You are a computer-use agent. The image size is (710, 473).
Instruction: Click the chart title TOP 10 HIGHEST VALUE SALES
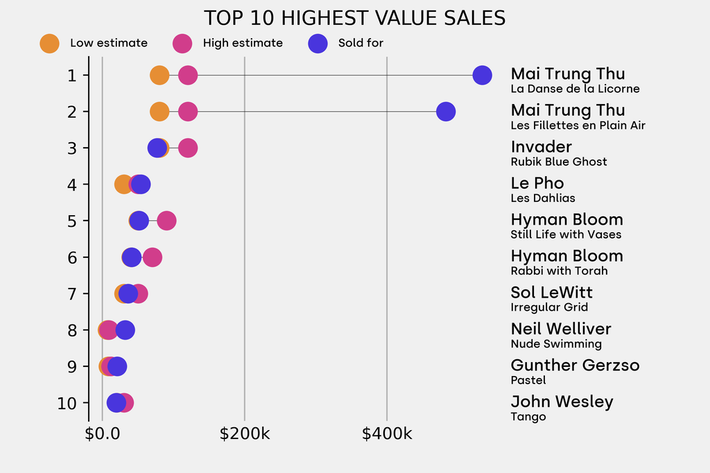click(354, 17)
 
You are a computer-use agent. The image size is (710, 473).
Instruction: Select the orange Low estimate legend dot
click(50, 43)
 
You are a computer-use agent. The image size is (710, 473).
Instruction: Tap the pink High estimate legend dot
click(183, 43)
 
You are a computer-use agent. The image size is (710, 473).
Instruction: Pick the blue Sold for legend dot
click(318, 43)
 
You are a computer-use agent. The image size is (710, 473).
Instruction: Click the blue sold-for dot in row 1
click(482, 75)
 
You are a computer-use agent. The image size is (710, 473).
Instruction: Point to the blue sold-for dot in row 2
click(446, 111)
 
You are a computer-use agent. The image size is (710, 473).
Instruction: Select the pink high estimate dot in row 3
click(188, 148)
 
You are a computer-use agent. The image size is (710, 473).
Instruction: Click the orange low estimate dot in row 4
click(123, 184)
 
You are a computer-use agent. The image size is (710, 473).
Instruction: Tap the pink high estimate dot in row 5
click(166, 221)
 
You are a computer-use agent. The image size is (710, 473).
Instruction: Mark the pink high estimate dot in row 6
click(153, 257)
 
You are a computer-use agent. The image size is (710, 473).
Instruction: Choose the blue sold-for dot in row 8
click(125, 330)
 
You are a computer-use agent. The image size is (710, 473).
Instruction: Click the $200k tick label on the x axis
click(244, 435)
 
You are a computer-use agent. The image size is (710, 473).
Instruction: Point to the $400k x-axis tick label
click(387, 435)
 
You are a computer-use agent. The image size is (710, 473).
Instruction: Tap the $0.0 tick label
click(102, 435)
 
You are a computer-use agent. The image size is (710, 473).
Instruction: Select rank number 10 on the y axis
click(67, 403)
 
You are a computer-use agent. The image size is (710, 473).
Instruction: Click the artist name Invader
click(541, 147)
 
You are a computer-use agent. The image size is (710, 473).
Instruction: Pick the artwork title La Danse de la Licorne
click(575, 89)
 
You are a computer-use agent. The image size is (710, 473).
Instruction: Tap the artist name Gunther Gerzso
click(575, 365)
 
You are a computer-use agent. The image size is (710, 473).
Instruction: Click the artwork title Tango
click(528, 417)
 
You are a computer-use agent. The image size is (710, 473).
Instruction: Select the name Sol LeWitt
click(551, 293)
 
